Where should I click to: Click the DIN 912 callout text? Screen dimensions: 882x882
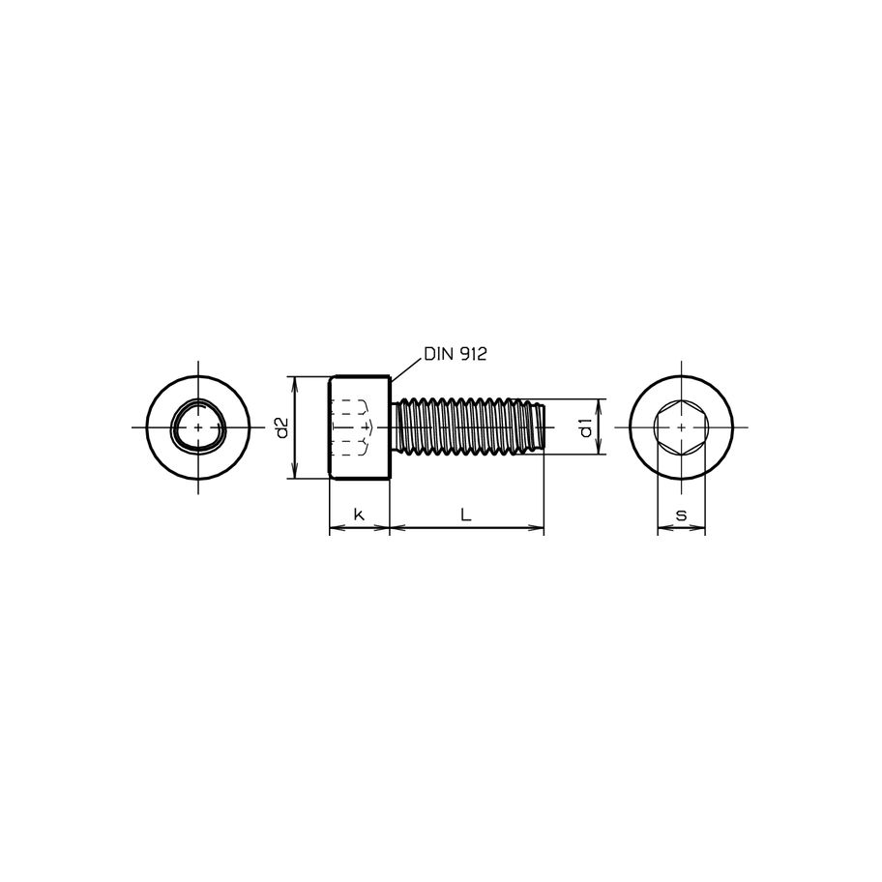tap(455, 355)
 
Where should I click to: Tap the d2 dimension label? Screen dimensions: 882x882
tap(281, 426)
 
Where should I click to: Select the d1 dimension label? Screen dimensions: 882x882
tap(585, 426)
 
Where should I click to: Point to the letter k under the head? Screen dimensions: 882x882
tap(359, 515)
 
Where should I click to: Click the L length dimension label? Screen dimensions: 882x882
tap(466, 515)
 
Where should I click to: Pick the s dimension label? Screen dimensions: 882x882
tap(681, 515)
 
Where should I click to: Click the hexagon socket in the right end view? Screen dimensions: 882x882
tap(681, 426)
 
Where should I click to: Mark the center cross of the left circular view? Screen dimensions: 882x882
tap(198, 426)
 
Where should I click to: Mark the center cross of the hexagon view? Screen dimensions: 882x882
tap(681, 426)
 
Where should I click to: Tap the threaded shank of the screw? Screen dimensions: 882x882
tap(464, 426)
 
